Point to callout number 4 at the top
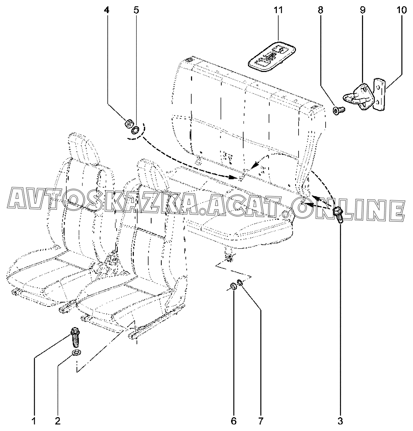click(x=107, y=11)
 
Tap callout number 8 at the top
click(x=320, y=11)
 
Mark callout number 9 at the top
click(x=362, y=11)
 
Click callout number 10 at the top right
click(x=401, y=11)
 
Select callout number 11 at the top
click(x=278, y=11)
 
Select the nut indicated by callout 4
click(x=128, y=124)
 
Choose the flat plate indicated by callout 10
click(x=378, y=95)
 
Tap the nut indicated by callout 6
click(x=233, y=286)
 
